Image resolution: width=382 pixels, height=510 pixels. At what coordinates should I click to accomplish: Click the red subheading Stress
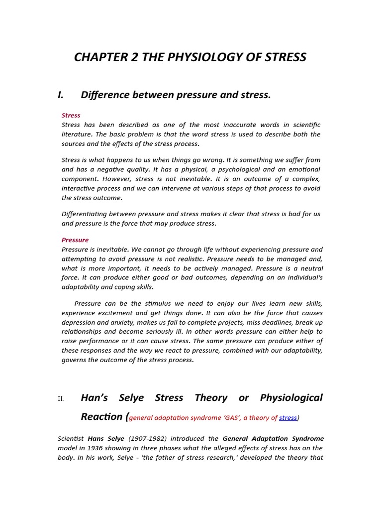tap(71, 115)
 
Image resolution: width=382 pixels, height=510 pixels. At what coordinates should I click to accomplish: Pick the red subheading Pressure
tap(75, 240)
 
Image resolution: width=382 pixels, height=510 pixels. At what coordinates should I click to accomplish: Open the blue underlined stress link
tap(287, 418)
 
